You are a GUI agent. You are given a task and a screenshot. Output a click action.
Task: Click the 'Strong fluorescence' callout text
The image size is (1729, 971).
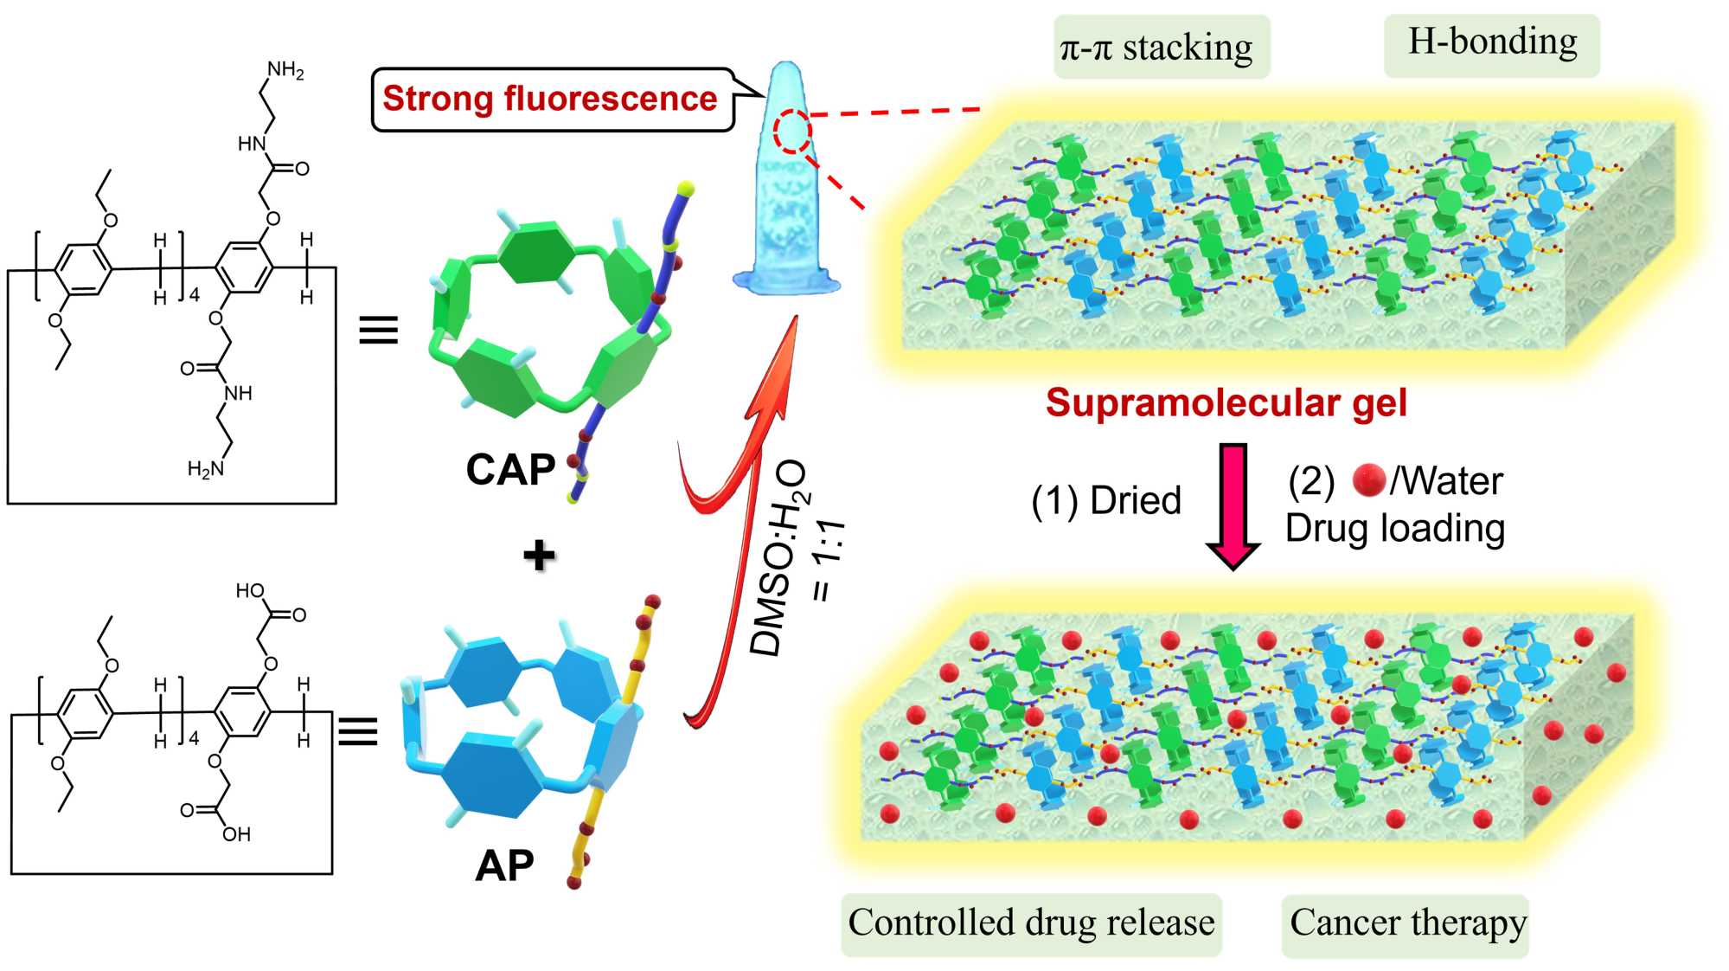549,99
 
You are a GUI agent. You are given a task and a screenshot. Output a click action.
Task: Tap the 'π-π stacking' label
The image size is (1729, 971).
1156,48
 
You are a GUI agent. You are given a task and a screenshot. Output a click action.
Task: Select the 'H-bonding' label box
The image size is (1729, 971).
1492,42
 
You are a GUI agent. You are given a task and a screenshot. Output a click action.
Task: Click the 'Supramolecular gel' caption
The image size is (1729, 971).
1226,403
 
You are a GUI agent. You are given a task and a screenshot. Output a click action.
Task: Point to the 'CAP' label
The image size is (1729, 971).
510,470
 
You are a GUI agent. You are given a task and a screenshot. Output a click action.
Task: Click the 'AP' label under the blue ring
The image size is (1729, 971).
504,865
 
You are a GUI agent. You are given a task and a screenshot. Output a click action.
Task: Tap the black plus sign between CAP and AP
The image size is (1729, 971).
539,555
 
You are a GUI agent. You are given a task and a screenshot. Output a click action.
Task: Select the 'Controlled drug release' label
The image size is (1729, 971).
1031,923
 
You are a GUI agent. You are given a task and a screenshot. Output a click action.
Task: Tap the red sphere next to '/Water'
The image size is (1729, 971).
1369,480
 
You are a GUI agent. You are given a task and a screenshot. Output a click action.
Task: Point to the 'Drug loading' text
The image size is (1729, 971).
1394,528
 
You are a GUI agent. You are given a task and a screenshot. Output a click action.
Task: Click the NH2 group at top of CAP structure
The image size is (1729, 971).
285,70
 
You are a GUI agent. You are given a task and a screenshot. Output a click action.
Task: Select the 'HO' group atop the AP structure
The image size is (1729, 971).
250,591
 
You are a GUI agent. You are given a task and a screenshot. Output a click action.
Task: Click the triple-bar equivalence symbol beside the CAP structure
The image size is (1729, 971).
378,330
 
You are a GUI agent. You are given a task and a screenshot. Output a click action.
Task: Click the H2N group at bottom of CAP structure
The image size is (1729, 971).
206,469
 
